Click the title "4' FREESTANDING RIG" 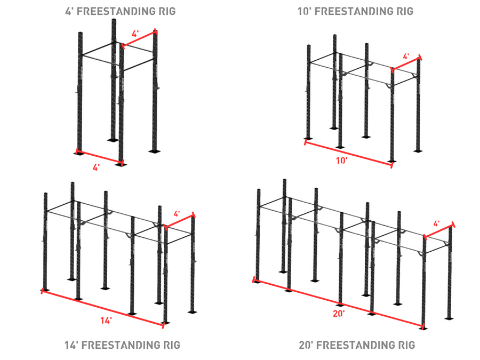[121, 11]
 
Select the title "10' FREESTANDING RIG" [355, 11]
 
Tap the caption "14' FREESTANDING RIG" [122, 345]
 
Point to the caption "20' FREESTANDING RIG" [357, 345]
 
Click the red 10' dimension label [342, 161]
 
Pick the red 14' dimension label [106, 321]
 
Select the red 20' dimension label [339, 314]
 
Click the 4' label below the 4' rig [96, 167]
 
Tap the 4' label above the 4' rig [135, 34]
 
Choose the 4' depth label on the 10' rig [406, 57]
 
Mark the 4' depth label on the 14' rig [177, 214]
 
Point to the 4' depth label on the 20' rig [436, 223]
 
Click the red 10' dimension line [348, 154]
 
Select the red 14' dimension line [102, 308]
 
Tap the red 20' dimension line [338, 303]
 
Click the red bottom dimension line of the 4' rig [99, 157]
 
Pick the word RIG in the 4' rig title [167, 11]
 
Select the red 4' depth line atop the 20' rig [438, 230]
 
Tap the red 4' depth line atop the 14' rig [179, 220]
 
